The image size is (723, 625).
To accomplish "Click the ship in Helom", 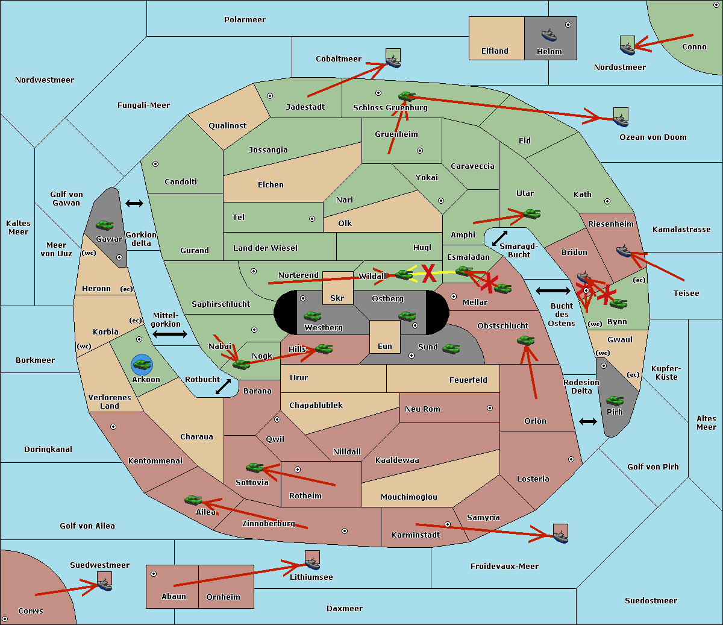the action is point(549,35).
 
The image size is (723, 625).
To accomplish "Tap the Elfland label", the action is point(495,51).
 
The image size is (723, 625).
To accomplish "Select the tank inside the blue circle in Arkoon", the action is point(142,365).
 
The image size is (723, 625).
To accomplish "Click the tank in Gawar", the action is point(105,225).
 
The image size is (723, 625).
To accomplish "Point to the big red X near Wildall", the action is point(429,273).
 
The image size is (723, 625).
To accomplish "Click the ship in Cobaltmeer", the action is point(393,61).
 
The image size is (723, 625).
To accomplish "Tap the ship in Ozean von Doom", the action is point(621,120).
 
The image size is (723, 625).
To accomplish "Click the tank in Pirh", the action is point(615,400).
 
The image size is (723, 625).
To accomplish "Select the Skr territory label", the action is point(337,298).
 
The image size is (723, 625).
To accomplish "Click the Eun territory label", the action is point(385,346).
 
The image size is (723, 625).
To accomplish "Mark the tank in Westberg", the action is point(312,316).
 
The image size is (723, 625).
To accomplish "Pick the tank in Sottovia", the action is point(255,467).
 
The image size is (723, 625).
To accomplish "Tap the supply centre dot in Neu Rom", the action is point(490,408).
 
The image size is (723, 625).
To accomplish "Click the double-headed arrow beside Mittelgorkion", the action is point(170,334).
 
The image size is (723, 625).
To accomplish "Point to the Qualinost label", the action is point(227,125).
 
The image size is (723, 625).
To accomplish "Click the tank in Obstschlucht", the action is point(526,340).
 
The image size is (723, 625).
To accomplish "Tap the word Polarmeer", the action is point(245,20).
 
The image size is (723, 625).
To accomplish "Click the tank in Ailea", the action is point(193,500).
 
